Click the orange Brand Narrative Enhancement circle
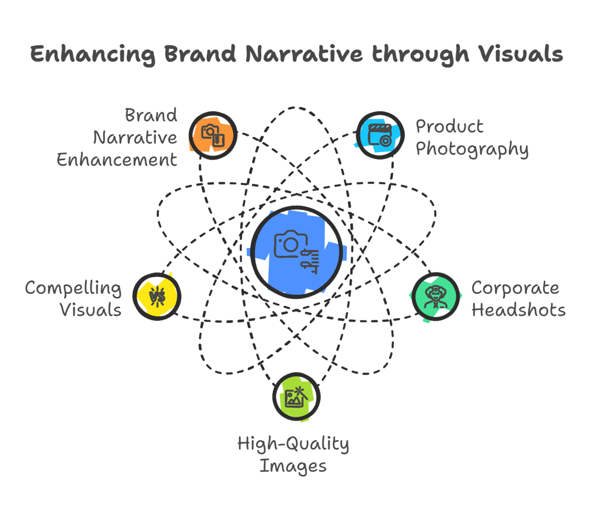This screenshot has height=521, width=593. click(x=213, y=135)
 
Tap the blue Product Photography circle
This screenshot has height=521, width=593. click(x=379, y=135)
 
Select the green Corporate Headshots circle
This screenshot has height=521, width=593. click(x=435, y=297)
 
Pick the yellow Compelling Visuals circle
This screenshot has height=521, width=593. click(x=157, y=297)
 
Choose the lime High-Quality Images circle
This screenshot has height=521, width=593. click(x=296, y=396)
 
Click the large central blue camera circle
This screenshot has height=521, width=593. click(x=296, y=253)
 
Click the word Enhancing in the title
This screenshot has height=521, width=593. click(x=93, y=54)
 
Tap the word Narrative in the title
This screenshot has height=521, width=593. click(x=303, y=54)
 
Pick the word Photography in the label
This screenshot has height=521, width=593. click(x=472, y=149)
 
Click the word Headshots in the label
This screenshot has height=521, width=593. click(x=518, y=310)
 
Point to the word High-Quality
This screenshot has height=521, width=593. click(x=293, y=444)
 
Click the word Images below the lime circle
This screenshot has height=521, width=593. click(x=293, y=466)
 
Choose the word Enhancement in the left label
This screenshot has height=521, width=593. click(x=117, y=160)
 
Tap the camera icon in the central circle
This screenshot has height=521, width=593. click(x=288, y=244)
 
